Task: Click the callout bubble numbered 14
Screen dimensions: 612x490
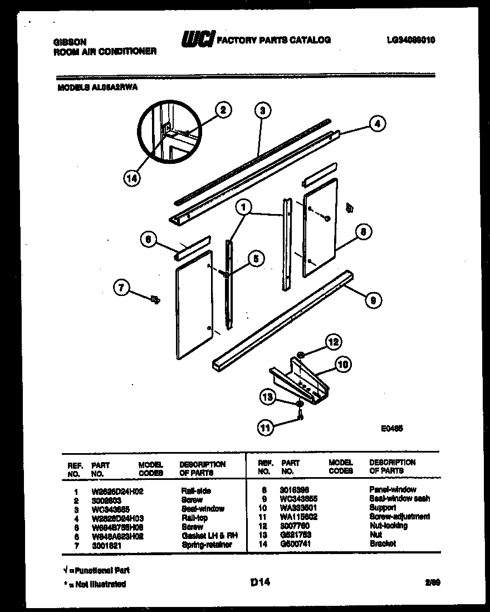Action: [132, 178]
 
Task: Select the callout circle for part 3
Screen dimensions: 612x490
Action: [262, 110]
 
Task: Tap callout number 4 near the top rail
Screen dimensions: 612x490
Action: [378, 124]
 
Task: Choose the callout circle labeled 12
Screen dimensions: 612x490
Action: [333, 342]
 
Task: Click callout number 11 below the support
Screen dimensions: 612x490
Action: [266, 428]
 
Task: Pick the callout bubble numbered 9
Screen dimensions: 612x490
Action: [373, 300]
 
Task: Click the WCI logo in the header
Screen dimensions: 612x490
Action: [197, 40]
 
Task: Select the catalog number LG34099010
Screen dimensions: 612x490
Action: [410, 40]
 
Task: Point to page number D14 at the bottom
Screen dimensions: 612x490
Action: [260, 583]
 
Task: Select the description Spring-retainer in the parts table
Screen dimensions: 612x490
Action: [206, 544]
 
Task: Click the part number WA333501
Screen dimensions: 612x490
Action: [299, 508]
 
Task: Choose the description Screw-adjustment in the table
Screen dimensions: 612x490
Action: [399, 517]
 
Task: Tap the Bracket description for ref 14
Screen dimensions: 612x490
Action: [383, 543]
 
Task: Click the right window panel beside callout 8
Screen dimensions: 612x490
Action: [321, 227]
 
